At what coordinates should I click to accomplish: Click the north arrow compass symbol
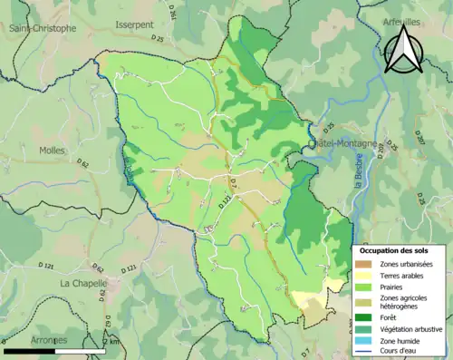point(401,50)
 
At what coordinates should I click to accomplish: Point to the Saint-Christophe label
point(43,28)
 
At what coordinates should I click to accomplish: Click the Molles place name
point(53,151)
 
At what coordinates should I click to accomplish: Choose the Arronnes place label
point(48,339)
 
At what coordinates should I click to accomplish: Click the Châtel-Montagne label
point(342,144)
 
